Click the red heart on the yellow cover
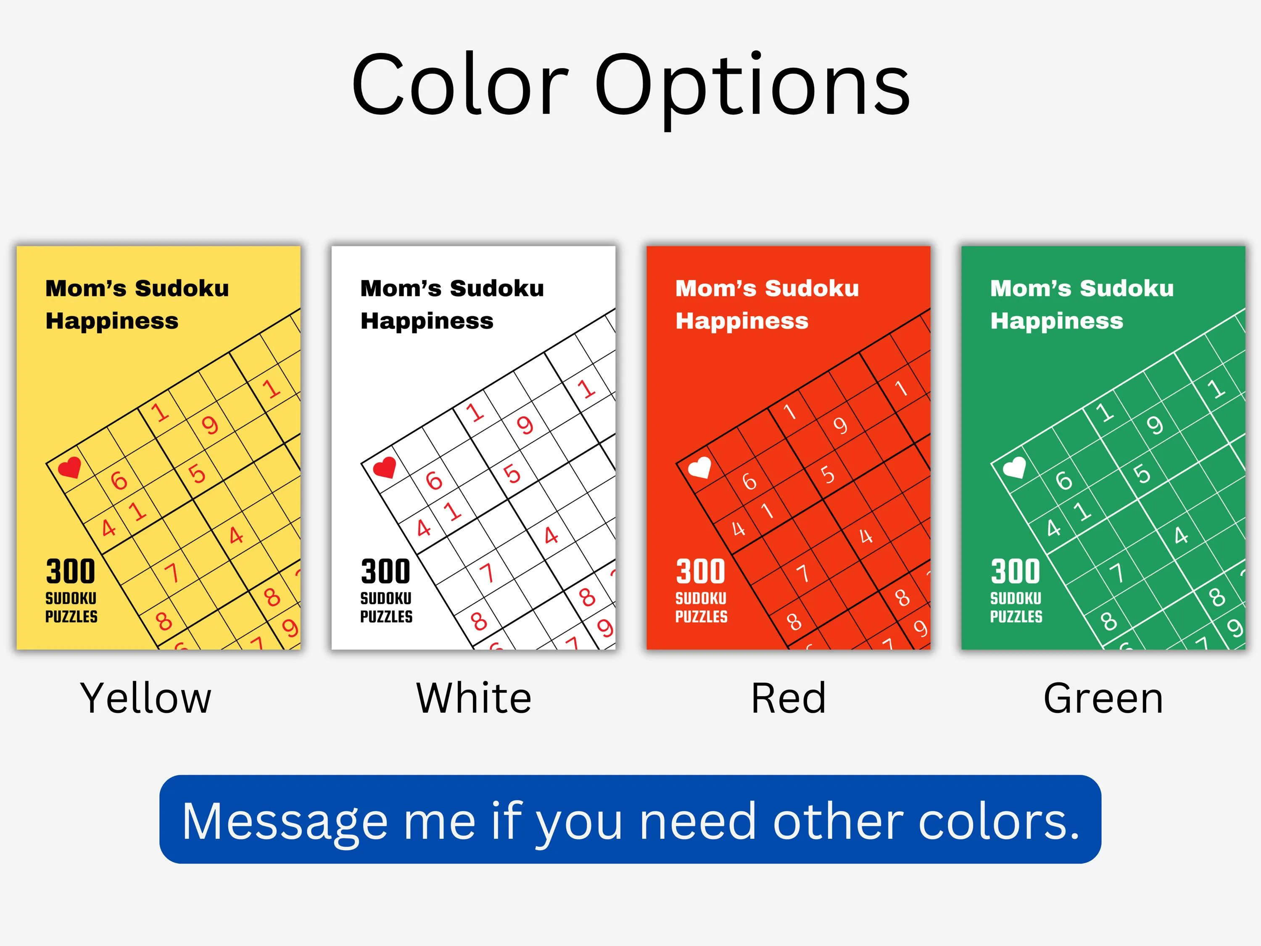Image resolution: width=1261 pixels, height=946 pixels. coord(69,468)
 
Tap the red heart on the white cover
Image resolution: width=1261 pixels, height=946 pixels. coord(384,468)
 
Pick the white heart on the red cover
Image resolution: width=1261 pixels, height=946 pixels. coord(699,468)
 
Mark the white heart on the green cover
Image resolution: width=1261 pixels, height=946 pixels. coord(1014,468)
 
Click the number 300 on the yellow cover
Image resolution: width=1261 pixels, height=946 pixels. coord(71,571)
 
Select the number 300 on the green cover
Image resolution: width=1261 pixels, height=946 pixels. coord(1015,571)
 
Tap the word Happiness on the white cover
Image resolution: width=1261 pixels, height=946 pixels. coord(427,321)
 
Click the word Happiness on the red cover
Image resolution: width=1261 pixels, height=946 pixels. coord(741,321)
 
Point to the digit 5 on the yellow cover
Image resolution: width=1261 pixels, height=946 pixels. coord(197,474)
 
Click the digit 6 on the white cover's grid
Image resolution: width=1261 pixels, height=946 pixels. coord(434,480)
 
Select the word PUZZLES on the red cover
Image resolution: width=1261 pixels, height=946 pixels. coord(701,616)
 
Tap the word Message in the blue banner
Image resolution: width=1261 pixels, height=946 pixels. coord(285,822)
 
